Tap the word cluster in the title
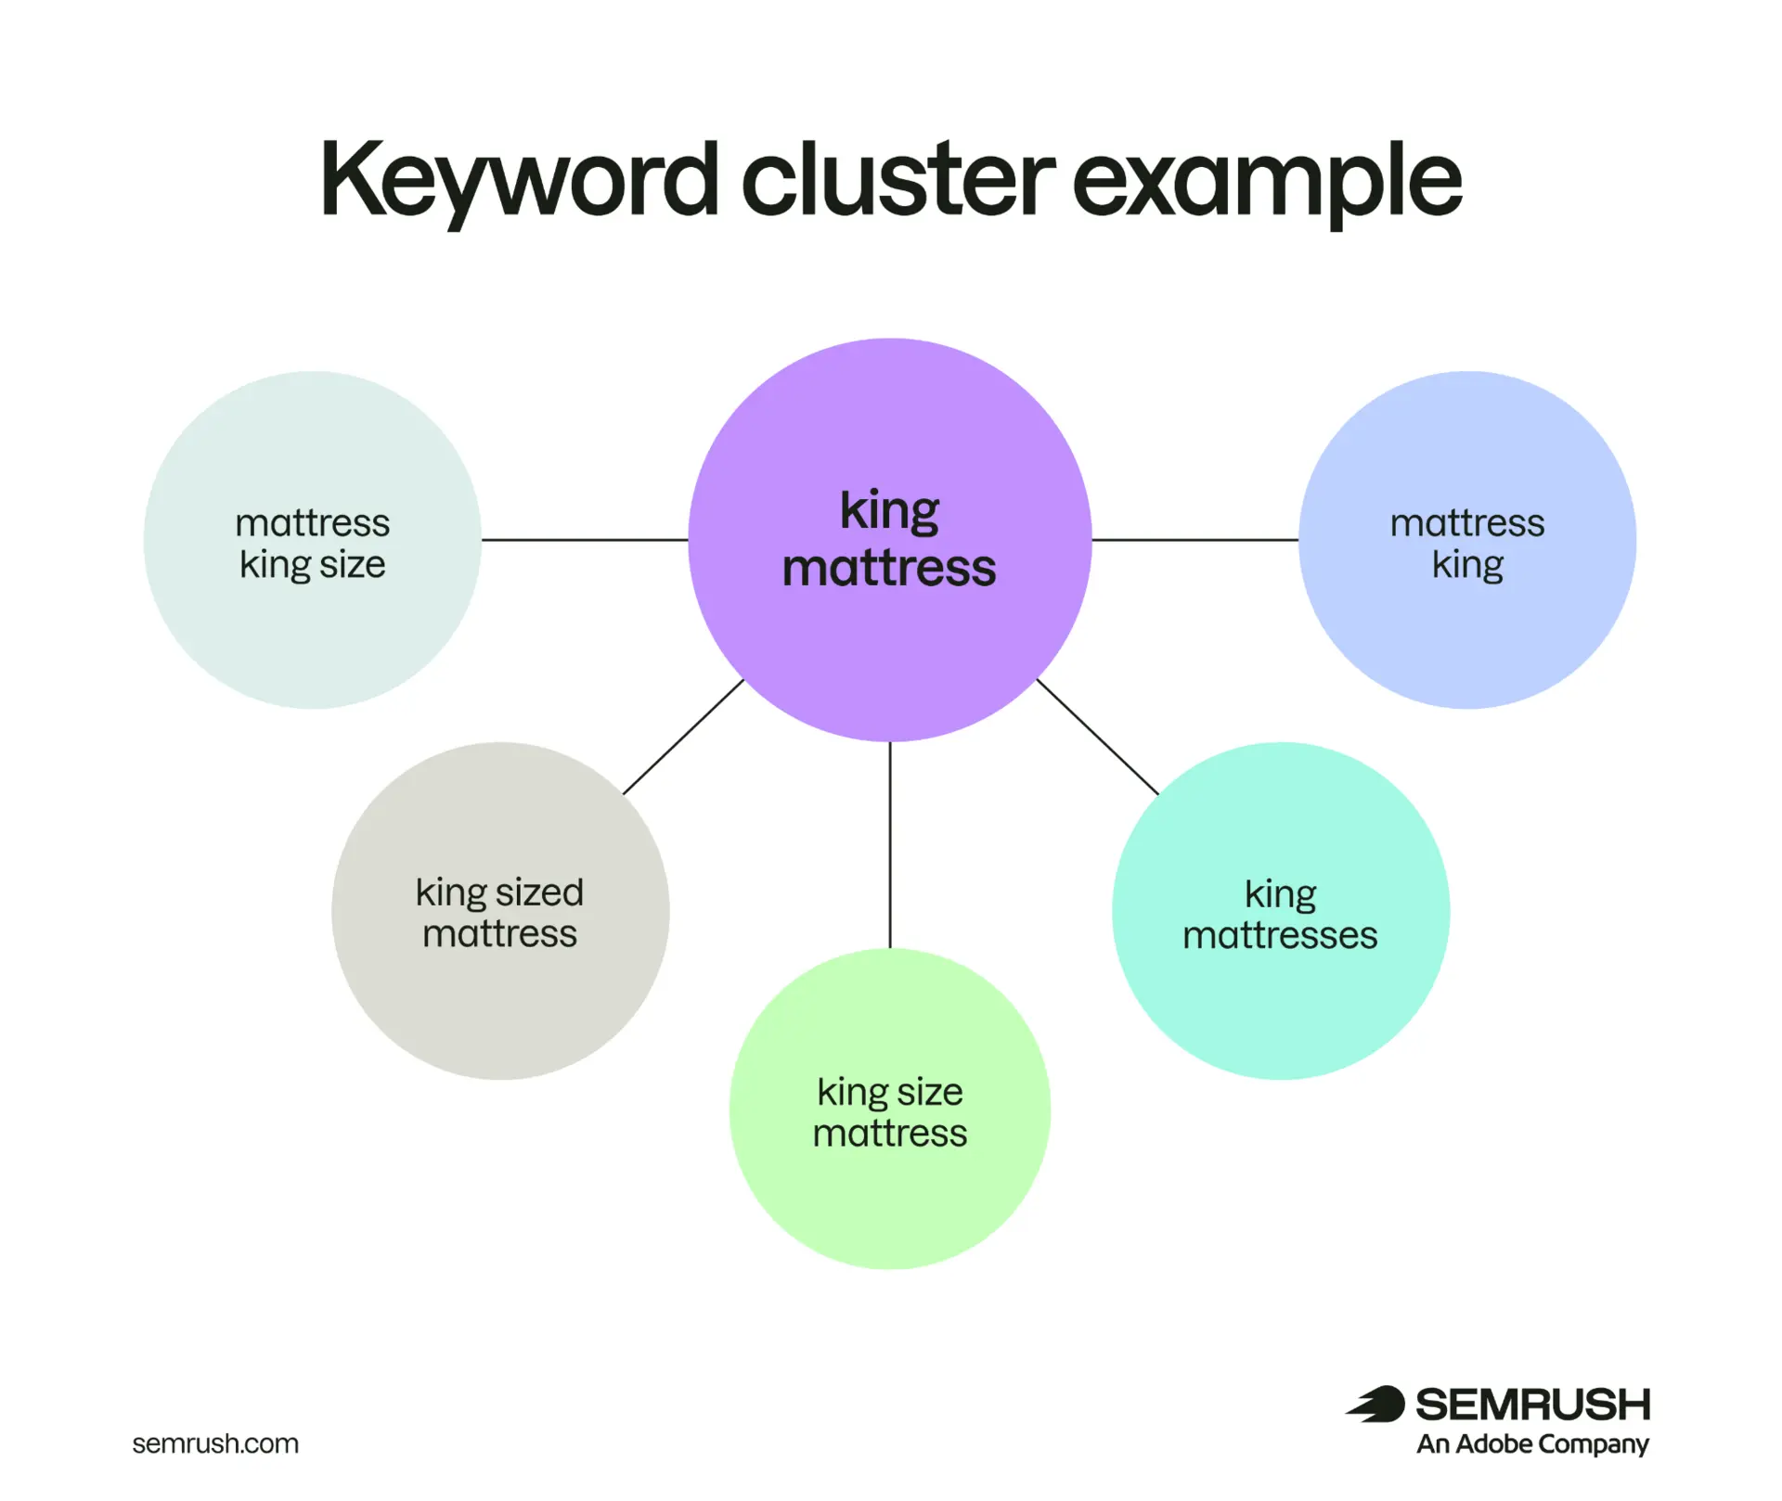click(898, 176)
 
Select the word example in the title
click(1268, 182)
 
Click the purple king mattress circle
click(890, 540)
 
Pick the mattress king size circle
click(313, 540)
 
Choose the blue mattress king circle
click(1467, 540)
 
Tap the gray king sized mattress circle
click(500, 911)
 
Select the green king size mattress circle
click(890, 1109)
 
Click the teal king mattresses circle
click(1281, 911)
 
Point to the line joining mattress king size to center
click(585, 540)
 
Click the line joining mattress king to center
click(1195, 540)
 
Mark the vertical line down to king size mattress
click(890, 845)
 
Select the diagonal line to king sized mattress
click(683, 738)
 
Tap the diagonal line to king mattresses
click(1098, 738)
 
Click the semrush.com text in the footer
click(215, 1443)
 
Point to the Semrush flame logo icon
click(1376, 1405)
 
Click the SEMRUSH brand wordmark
click(1533, 1405)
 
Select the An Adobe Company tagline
click(1533, 1444)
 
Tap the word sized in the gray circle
click(540, 892)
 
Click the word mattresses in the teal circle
click(1281, 935)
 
